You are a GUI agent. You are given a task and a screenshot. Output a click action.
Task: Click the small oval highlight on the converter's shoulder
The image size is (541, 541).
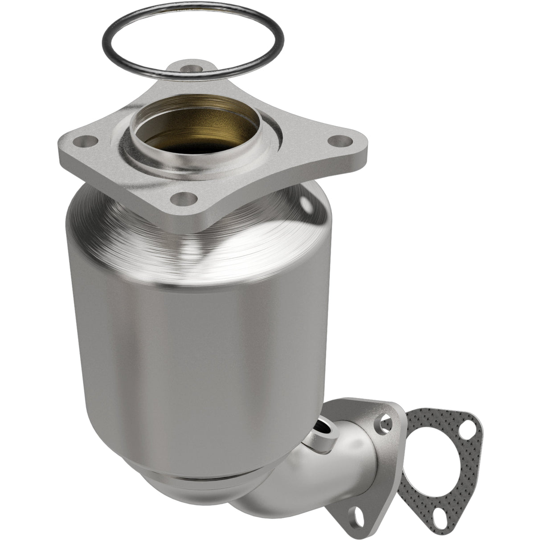(306, 206)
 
